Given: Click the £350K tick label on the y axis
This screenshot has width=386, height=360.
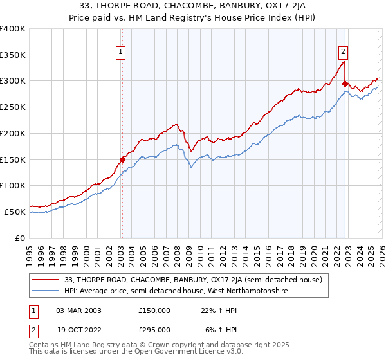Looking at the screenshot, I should pyautogui.click(x=13, y=55).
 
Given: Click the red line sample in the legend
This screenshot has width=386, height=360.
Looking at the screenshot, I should pyautogui.click(x=46, y=279).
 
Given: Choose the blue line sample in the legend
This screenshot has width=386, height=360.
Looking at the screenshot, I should pyautogui.click(x=46, y=291).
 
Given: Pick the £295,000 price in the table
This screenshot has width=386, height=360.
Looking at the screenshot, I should pyautogui.click(x=154, y=329).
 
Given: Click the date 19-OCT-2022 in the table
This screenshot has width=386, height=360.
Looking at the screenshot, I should pyautogui.click(x=78, y=329).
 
